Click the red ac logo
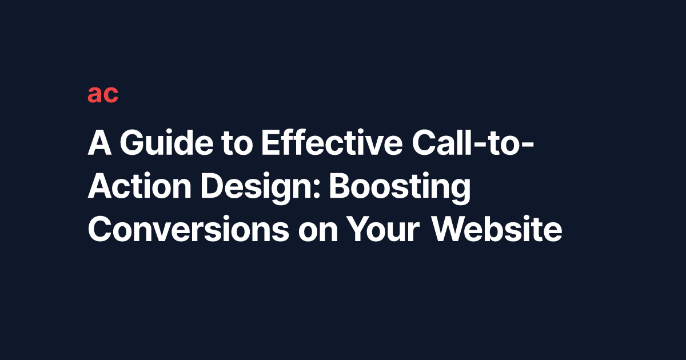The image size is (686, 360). (x=103, y=95)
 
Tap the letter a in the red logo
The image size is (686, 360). (x=95, y=95)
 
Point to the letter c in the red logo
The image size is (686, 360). (x=111, y=95)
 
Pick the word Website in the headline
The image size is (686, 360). (x=497, y=230)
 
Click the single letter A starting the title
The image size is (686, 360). (x=99, y=144)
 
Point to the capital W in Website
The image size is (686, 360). (x=447, y=230)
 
